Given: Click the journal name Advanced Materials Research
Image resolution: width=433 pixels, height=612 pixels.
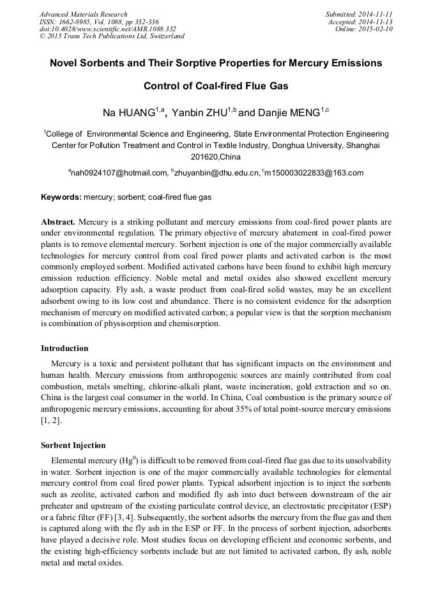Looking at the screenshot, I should click(x=83, y=14).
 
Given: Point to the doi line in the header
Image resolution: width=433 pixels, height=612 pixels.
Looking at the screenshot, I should click(x=107, y=29).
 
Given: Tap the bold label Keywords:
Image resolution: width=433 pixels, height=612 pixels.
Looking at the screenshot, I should click(x=61, y=198).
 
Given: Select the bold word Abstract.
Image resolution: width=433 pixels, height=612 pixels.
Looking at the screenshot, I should click(x=57, y=221).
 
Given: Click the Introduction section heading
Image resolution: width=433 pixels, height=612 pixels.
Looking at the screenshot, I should click(x=65, y=348).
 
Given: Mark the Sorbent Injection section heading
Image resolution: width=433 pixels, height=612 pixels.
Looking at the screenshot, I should click(x=73, y=445).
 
